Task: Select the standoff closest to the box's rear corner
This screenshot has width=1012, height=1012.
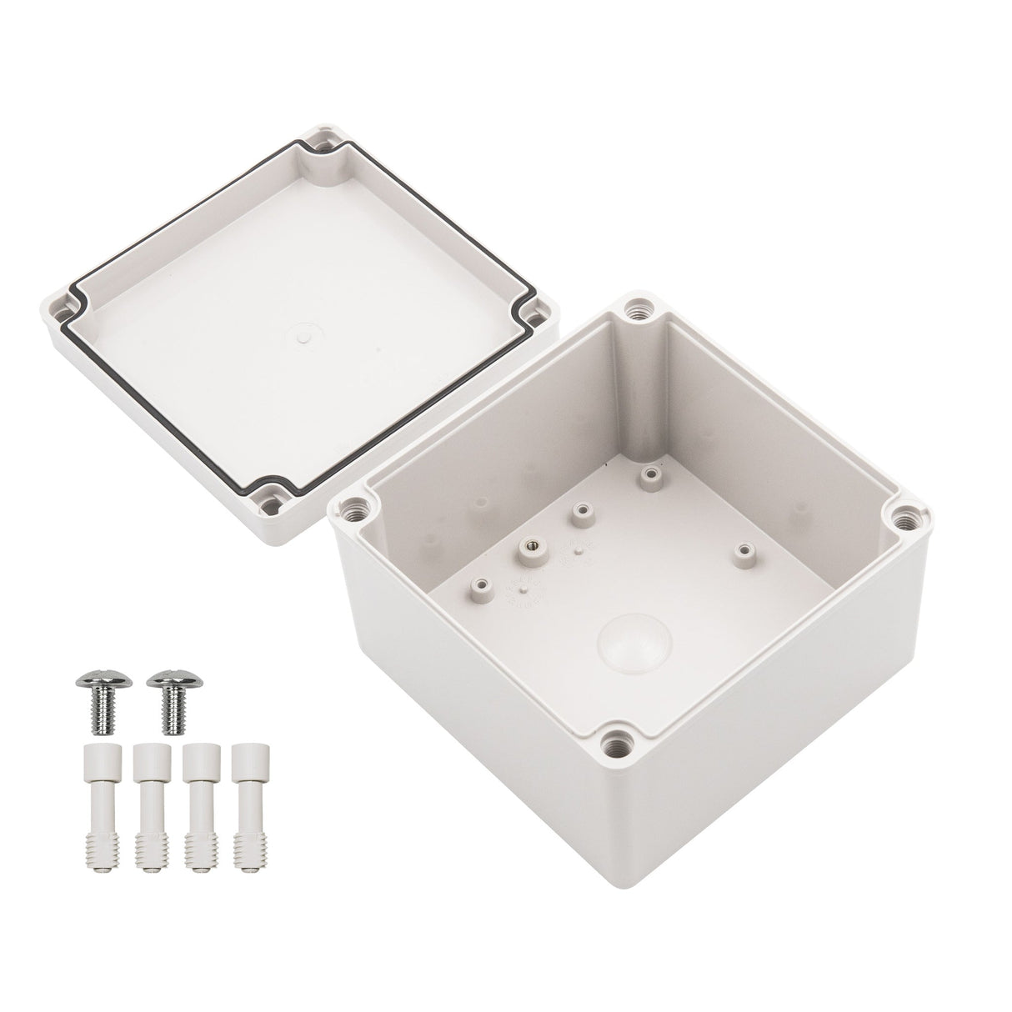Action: coord(649,476)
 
